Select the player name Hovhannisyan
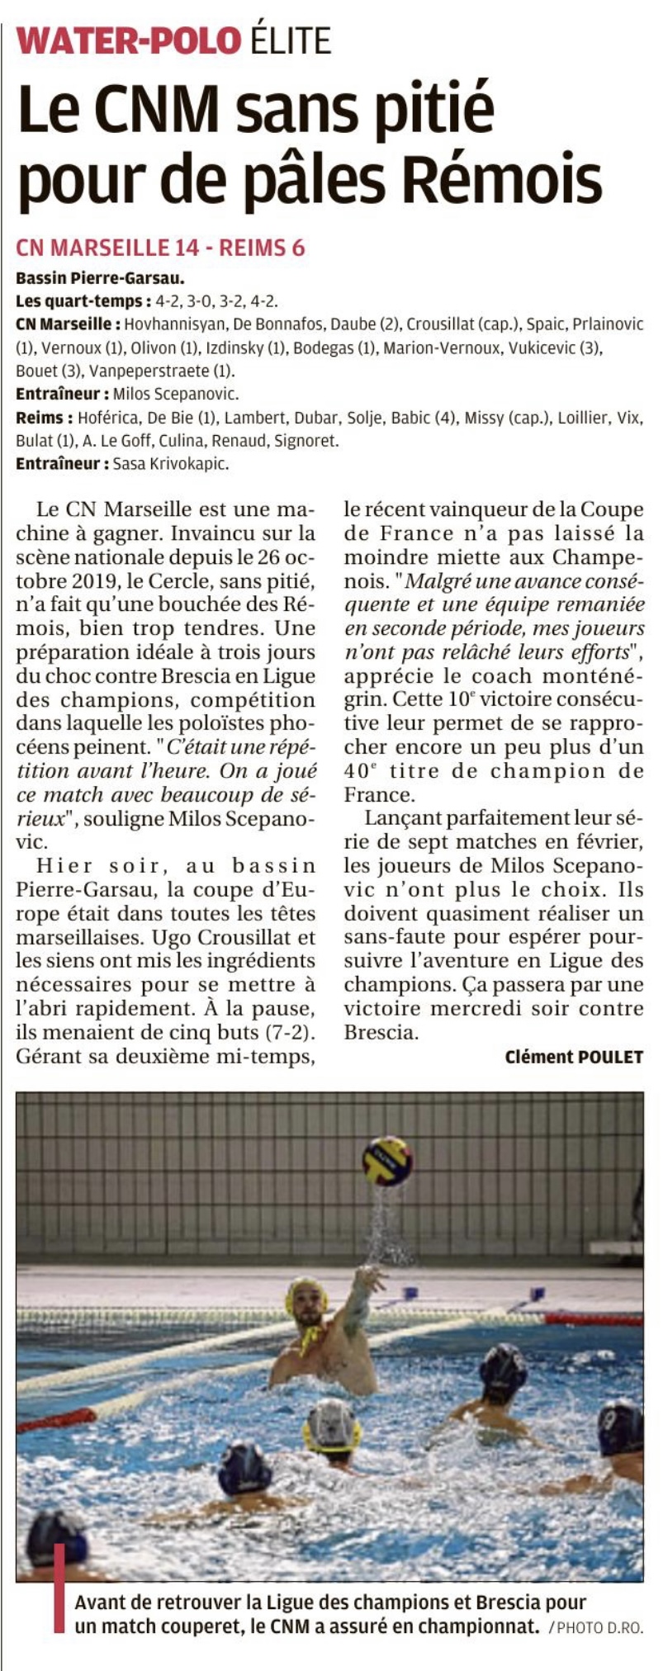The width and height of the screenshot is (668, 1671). [x=174, y=324]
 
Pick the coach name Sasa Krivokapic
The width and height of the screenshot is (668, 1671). [x=171, y=463]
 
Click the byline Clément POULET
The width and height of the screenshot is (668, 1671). [x=574, y=1057]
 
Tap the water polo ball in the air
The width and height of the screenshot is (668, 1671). [x=387, y=1161]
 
